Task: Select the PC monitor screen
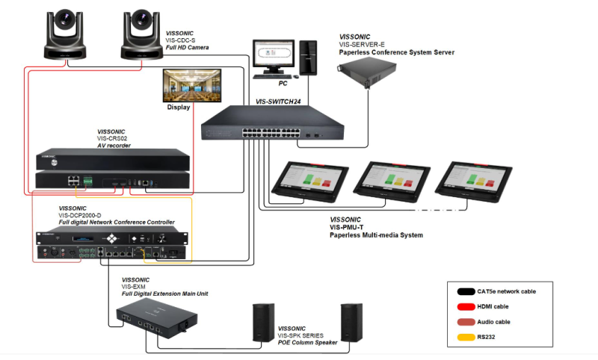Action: (x=272, y=55)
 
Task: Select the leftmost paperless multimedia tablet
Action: (x=312, y=180)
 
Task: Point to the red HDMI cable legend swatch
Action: (x=463, y=306)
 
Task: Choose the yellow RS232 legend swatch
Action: (x=463, y=338)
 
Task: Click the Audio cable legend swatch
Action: (x=463, y=322)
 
